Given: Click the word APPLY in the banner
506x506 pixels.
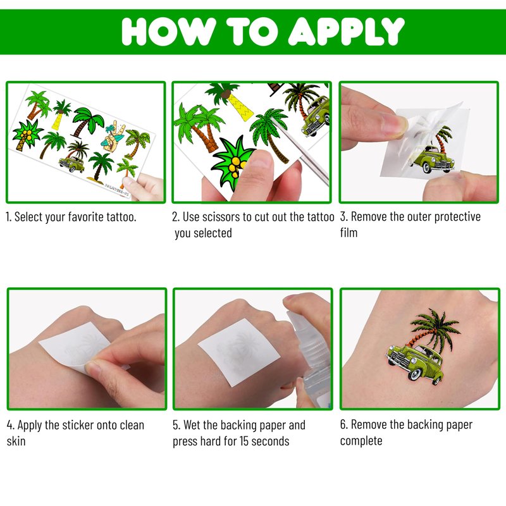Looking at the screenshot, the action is pos(346,31).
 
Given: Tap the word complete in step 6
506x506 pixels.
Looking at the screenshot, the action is pos(361,441).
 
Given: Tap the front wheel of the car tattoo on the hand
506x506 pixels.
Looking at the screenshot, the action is pos(415,374).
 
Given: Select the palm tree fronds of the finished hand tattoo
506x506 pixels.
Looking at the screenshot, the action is pos(435,326).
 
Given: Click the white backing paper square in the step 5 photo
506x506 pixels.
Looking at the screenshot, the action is pos(239,352).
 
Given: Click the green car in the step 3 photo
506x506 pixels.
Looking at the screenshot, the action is pos(431,159).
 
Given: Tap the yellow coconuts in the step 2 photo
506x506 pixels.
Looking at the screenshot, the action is pos(236,165).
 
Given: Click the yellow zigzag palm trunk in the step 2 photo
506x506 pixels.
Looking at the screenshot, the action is pos(241,107).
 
